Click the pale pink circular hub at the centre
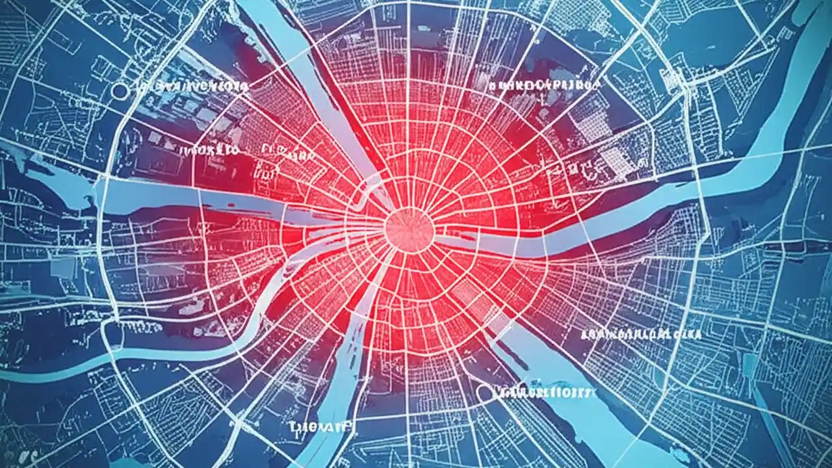tap(409, 228)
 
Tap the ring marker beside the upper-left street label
tap(122, 91)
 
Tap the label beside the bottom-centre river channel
tap(318, 426)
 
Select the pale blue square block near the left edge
tap(62, 266)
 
